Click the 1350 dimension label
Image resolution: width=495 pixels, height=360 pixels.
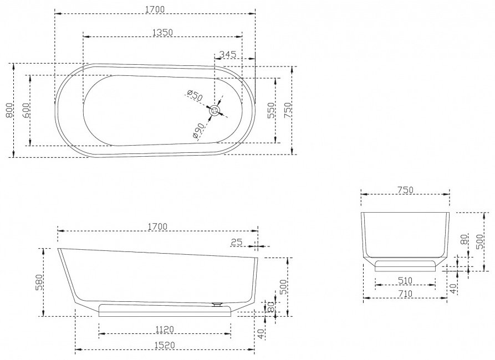click(x=162, y=32)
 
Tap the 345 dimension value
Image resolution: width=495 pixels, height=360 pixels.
click(x=228, y=54)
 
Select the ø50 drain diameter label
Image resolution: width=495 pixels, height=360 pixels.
click(x=195, y=95)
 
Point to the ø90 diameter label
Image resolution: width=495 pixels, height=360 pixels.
click(x=198, y=131)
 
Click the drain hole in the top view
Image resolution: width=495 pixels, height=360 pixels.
click(x=215, y=111)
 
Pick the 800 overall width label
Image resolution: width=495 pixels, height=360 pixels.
click(x=9, y=110)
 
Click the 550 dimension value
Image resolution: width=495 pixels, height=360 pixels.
click(x=271, y=110)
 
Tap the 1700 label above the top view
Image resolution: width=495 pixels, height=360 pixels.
click(x=155, y=9)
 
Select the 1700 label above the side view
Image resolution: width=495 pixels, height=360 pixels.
click(x=157, y=227)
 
